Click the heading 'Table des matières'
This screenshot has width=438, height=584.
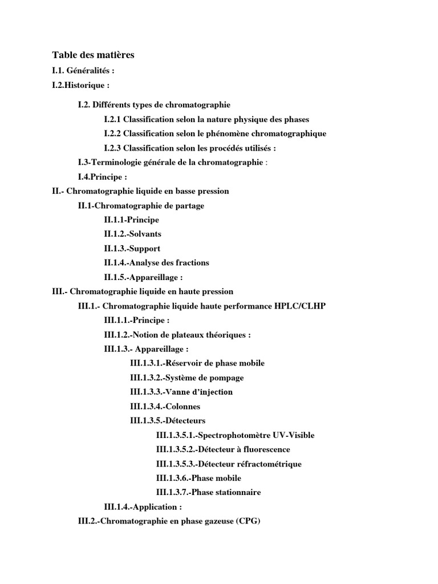[x=93, y=55]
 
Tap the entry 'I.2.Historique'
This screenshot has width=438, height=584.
[x=80, y=85]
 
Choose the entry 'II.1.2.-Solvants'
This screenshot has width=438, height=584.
[x=132, y=234]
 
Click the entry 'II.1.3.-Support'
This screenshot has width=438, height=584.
[x=132, y=249]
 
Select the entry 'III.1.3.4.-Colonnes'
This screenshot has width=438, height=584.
[x=165, y=407]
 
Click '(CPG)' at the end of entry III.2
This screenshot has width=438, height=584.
[x=247, y=521]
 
